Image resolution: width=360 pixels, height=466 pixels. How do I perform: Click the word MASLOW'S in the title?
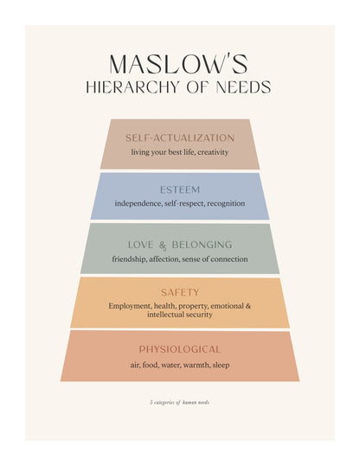178,64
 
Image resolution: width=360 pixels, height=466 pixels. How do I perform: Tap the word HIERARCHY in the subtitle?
132,87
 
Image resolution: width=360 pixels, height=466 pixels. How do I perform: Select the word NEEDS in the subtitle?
243,87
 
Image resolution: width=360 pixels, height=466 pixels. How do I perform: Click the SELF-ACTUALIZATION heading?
180,138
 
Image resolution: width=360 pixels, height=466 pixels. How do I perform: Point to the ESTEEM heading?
180,190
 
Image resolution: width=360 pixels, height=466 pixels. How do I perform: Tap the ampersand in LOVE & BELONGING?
163,246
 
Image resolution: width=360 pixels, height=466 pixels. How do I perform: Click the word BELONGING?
202,245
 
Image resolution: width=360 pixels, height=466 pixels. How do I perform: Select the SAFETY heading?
180,292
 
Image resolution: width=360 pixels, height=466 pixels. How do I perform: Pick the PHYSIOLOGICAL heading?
180,349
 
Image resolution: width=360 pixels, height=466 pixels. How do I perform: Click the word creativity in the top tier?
213,152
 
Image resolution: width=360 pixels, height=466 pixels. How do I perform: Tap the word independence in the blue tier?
138,203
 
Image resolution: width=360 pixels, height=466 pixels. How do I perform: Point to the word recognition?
226,203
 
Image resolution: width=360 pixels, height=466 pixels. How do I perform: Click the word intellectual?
164,315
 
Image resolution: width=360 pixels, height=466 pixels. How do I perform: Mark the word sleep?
221,365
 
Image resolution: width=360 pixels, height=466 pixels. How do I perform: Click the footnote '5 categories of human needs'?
180,402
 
